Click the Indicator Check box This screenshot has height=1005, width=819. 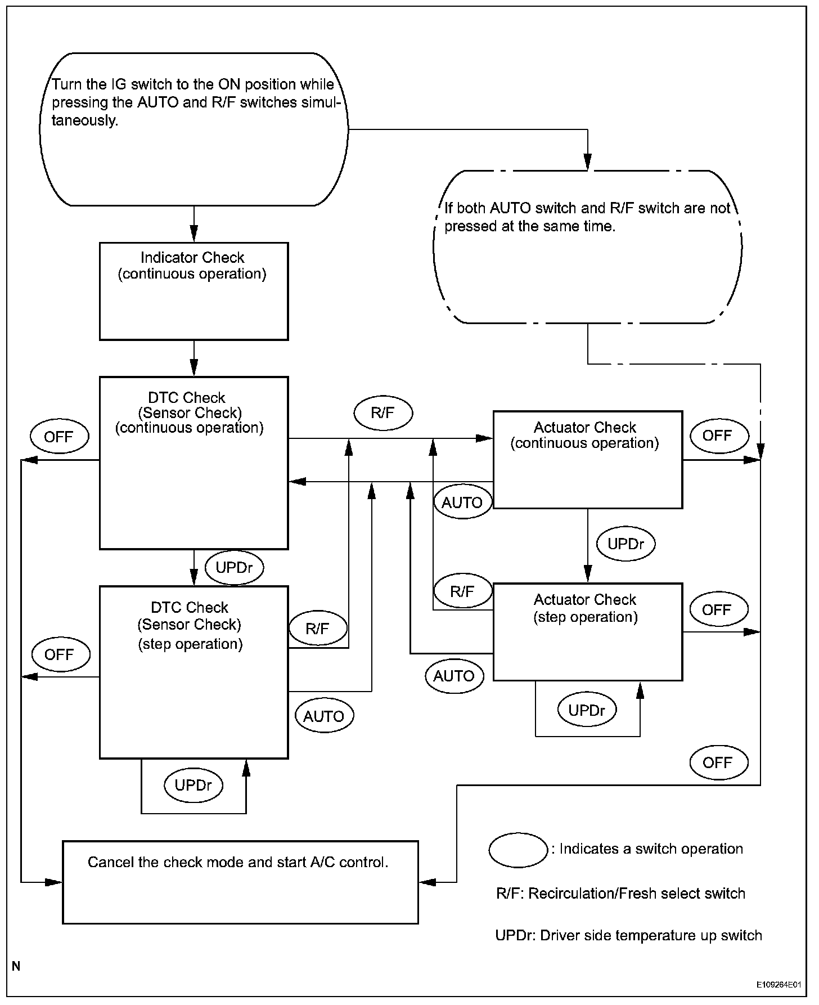(x=193, y=291)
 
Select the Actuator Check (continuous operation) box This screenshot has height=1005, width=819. (x=587, y=460)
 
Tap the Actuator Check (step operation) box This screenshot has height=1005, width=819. (x=587, y=632)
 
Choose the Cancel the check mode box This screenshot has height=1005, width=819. (x=240, y=882)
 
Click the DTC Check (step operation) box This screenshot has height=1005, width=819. (x=193, y=672)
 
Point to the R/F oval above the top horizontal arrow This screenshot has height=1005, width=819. (x=383, y=413)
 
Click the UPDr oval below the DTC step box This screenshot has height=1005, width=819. (x=193, y=786)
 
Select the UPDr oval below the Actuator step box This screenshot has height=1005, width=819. (x=587, y=710)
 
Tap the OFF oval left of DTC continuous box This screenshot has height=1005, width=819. (x=59, y=437)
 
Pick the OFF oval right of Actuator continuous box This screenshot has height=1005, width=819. (x=718, y=436)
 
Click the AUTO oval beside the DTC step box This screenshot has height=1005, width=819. (x=324, y=716)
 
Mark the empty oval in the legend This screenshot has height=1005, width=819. (x=518, y=850)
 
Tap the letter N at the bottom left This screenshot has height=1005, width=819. (x=16, y=966)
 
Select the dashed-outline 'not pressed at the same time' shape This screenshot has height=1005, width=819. (x=587, y=246)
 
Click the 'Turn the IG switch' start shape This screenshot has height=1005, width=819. (x=193, y=129)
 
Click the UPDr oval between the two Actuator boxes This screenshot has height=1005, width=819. (x=626, y=544)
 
